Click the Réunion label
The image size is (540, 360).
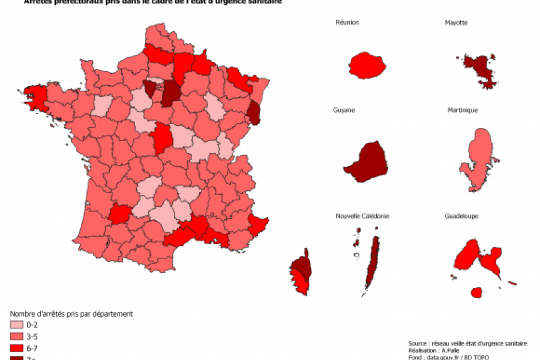tap(347, 22)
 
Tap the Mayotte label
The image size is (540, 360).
tap(456, 22)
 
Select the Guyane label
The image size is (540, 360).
tap(344, 110)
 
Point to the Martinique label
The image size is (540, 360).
tap(462, 110)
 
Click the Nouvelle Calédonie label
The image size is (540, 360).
tap(362, 216)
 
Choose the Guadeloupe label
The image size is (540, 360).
tap(461, 216)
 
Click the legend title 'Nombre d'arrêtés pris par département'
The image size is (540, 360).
tap(71, 314)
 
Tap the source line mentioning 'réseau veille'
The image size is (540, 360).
tap(467, 343)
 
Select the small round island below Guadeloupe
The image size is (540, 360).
tap(476, 292)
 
